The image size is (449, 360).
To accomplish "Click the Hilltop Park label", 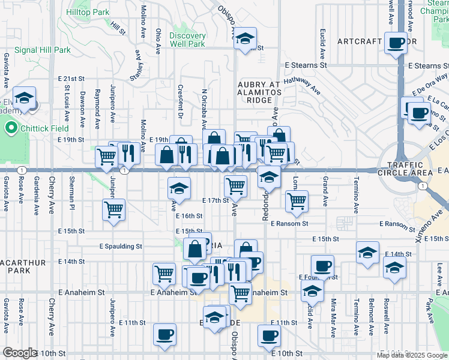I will click(x=88, y=12).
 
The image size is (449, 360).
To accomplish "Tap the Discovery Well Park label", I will click(x=187, y=39).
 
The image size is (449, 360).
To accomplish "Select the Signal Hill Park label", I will click(x=43, y=50).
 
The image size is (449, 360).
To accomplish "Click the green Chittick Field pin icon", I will click(x=10, y=128).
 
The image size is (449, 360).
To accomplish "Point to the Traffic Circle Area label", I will click(x=410, y=169).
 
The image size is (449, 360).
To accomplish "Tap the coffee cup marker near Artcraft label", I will click(x=396, y=43).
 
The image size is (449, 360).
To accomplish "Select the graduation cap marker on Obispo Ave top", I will click(x=244, y=39).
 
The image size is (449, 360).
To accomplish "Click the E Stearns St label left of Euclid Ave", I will click(x=306, y=65).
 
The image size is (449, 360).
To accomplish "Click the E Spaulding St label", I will click(x=121, y=246).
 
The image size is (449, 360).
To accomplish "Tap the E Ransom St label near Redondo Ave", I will click(x=289, y=224).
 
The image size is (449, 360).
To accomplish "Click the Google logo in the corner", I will click(x=20, y=353).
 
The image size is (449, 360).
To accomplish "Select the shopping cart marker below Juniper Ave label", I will click(x=113, y=211).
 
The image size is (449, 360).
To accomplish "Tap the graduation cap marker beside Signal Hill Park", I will click(x=24, y=98).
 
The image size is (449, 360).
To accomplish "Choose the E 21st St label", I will click(x=71, y=79).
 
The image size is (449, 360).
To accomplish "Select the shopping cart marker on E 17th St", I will click(x=235, y=187).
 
